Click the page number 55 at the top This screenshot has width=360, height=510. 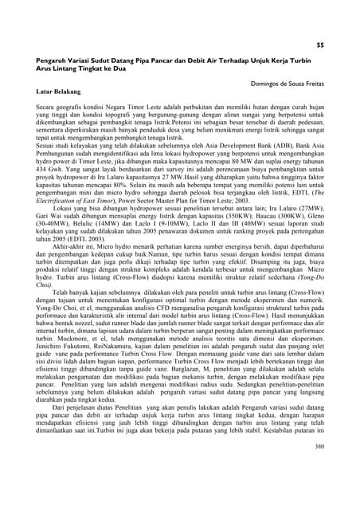[x=319, y=45]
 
